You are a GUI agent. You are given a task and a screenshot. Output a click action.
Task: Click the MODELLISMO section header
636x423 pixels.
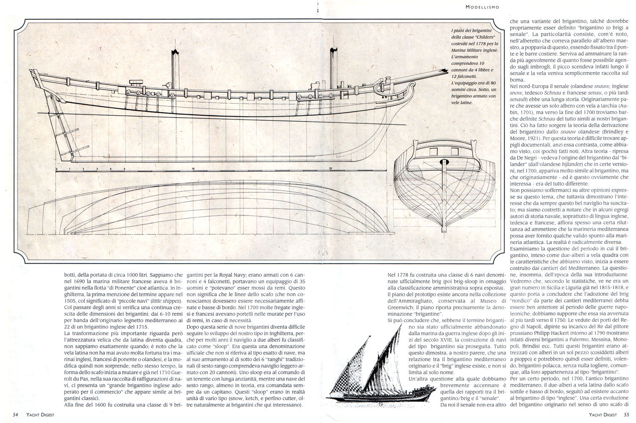point(482,7)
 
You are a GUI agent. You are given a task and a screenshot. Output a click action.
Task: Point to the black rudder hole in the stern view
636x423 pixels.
point(444,162)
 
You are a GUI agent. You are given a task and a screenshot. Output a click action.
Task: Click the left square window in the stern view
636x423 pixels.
point(433,152)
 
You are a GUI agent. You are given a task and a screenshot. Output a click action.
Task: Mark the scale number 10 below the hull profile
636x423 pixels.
point(193,169)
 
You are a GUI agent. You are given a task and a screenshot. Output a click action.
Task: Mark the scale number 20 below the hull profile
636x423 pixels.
point(330,169)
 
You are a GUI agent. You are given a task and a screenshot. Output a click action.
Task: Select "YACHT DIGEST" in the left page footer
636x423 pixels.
point(40,415)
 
